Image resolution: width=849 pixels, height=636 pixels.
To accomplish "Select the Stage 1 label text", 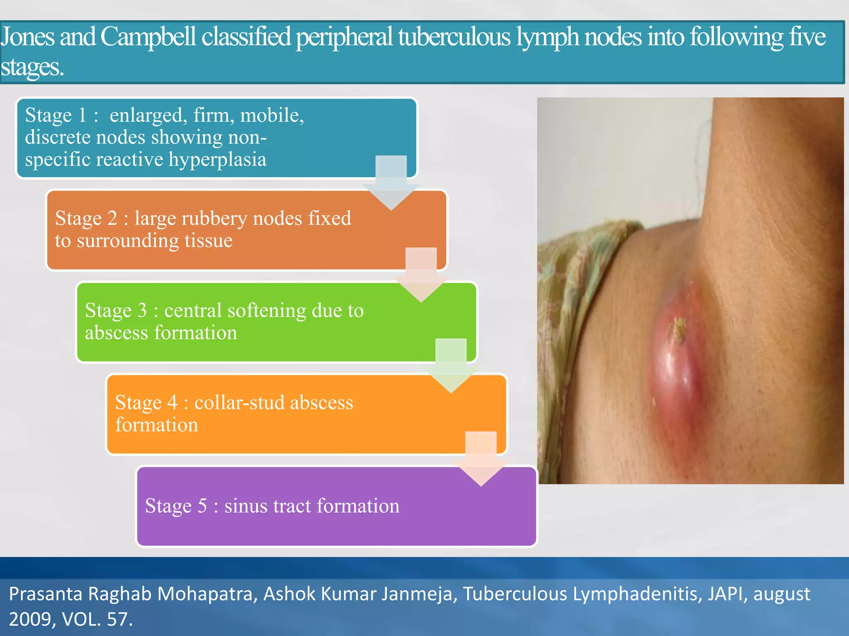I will pyautogui.click(x=61, y=115).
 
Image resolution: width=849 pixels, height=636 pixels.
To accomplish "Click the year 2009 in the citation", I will pyautogui.click(x=32, y=619).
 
